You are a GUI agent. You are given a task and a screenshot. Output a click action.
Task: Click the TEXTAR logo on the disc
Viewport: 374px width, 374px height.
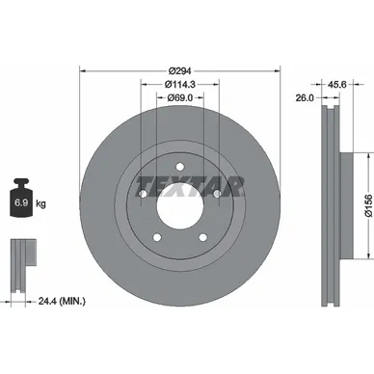click(x=190, y=184)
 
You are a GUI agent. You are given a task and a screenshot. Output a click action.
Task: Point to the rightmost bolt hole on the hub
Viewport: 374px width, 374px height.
click(x=218, y=198)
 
